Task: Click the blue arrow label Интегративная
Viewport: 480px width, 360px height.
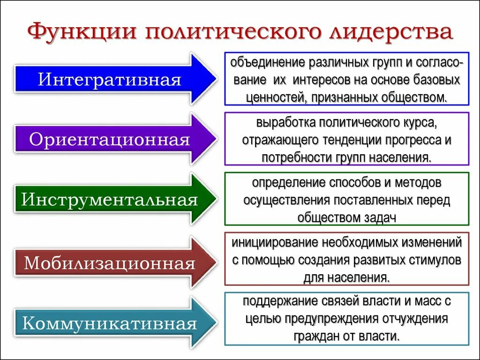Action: tap(110, 79)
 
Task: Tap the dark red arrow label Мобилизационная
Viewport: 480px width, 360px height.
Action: tap(110, 263)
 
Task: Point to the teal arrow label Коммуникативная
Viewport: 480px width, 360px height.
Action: tap(110, 323)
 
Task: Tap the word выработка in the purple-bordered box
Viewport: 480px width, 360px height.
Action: tap(285, 123)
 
